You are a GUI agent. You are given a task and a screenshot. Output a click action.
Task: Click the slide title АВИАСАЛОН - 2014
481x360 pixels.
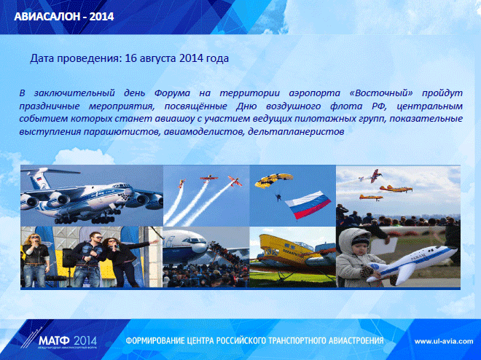(x=64, y=16)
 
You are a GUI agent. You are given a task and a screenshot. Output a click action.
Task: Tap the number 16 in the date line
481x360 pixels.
(x=130, y=58)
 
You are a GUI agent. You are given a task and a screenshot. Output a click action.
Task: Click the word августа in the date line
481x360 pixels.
(x=157, y=59)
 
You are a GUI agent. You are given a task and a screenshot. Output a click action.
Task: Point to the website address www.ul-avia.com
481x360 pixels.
(x=444, y=341)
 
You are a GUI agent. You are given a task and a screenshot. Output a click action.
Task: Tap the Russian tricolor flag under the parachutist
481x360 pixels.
(x=308, y=205)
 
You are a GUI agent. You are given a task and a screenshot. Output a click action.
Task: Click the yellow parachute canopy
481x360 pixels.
(x=273, y=180)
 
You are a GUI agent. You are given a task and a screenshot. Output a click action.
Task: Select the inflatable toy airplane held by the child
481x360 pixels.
(x=411, y=263)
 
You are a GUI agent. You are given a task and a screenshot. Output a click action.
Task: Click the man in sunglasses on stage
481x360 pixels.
(x=88, y=259)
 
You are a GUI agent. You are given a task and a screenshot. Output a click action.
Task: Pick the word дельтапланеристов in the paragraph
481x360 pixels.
(x=296, y=132)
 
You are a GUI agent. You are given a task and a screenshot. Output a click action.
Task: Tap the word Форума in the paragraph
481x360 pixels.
(x=172, y=93)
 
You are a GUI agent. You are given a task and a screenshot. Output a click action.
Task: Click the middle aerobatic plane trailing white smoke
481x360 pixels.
(x=209, y=178)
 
